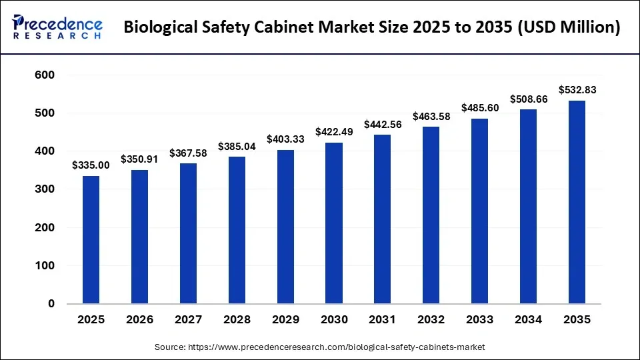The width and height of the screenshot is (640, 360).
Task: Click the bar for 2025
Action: point(91,240)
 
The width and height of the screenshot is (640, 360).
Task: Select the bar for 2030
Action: point(334,223)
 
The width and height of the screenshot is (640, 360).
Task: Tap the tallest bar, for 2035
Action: point(577,202)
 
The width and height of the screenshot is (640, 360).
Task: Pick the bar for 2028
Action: point(237,230)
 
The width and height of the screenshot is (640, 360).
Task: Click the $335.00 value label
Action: point(91,165)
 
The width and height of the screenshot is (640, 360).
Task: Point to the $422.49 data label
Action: point(334,132)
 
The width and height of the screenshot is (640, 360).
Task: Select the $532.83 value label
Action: point(577,90)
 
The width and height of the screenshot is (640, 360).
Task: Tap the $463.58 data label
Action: point(431,116)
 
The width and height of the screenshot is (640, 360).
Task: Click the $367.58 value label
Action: point(188,153)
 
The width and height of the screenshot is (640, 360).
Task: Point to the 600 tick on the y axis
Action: point(45,75)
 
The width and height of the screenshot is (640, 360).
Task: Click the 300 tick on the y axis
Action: point(45,189)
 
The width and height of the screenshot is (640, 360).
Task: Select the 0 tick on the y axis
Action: point(51,304)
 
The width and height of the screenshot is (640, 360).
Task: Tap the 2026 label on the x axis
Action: point(139,320)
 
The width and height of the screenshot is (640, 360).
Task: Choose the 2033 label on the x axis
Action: point(480,320)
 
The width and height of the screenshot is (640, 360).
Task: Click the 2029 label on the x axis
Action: point(285,320)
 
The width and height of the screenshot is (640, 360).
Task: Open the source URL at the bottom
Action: point(320,347)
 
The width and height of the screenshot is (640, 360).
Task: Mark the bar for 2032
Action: point(431,215)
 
